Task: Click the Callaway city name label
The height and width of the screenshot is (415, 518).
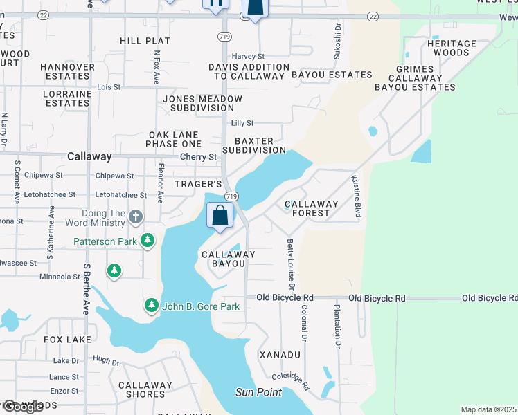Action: [89, 157]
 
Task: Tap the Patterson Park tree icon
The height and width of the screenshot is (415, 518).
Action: [148, 241]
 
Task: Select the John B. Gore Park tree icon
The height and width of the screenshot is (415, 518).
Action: [152, 305]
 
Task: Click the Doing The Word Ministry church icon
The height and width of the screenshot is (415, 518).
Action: [136, 217]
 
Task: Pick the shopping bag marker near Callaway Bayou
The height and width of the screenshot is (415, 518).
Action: [220, 215]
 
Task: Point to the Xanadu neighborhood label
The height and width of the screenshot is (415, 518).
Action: [280, 354]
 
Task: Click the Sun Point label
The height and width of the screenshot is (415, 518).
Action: [258, 392]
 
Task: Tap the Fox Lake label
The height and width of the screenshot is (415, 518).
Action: [67, 340]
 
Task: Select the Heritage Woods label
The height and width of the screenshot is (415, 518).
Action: [452, 48]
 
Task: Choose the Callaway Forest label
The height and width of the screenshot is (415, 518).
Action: [312, 208]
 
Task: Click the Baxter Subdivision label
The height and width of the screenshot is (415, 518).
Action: [254, 145]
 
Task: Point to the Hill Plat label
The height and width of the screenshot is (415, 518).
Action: [145, 41]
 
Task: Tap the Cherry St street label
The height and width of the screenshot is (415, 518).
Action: [199, 157]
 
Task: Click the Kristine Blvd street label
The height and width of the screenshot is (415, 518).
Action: [357, 196]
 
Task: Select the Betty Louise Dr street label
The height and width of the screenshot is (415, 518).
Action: [291, 264]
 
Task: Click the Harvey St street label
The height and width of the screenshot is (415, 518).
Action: [248, 56]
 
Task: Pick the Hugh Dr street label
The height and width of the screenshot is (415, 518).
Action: [106, 362]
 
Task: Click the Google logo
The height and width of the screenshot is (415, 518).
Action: [23, 407]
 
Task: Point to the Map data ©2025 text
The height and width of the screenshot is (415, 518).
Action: [488, 409]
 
